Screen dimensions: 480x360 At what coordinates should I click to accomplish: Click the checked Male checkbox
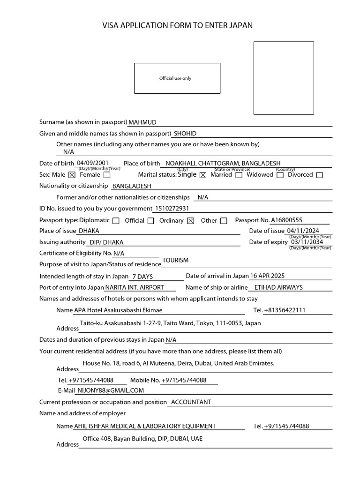(x=72, y=175)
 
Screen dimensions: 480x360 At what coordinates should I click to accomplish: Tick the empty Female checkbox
(x=107, y=175)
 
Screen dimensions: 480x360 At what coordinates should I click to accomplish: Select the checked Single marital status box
(x=203, y=175)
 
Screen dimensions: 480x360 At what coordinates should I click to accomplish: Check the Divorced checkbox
(x=320, y=175)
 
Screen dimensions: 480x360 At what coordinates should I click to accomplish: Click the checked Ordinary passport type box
(x=190, y=221)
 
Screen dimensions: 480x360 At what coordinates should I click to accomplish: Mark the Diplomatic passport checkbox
(x=116, y=221)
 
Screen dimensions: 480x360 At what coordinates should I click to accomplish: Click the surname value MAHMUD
(x=142, y=122)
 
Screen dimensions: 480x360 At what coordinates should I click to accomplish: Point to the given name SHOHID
(x=185, y=134)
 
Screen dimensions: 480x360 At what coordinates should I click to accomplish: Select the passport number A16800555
(x=286, y=220)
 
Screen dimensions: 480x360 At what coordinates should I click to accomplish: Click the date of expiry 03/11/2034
(x=307, y=242)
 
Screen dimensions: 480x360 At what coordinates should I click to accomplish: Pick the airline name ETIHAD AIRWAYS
(x=278, y=287)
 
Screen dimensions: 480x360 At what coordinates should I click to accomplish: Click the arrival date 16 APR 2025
(x=267, y=276)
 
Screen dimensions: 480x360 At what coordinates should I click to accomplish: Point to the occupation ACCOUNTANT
(x=191, y=402)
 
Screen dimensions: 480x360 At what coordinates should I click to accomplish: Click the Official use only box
(x=177, y=78)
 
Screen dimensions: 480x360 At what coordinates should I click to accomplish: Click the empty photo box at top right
(x=284, y=78)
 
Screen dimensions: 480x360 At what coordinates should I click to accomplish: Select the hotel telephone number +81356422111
(x=285, y=310)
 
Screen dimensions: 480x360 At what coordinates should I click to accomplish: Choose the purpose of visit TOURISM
(x=175, y=260)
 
